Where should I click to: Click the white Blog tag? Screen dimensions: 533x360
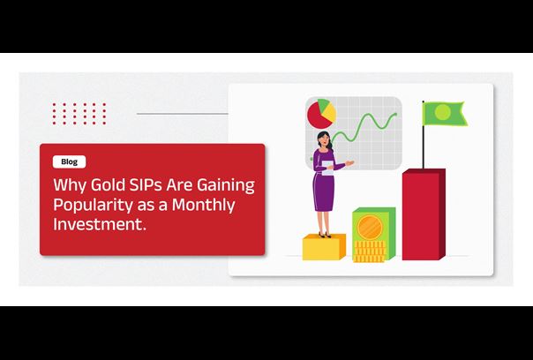[x=70, y=161]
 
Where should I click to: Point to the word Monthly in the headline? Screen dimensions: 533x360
[x=203, y=206]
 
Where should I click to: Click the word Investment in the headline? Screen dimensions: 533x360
[x=100, y=224]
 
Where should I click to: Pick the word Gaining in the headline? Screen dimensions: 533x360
[x=226, y=186]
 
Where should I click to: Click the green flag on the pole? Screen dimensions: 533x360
[x=445, y=114]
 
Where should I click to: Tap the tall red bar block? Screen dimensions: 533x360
[x=424, y=214]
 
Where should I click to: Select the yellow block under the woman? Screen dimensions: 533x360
[x=324, y=247]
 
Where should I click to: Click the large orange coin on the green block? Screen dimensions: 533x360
[x=370, y=228]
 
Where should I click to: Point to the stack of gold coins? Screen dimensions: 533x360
[x=370, y=251]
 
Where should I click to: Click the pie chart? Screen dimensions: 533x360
[x=321, y=114]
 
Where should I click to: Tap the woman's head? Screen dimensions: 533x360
[x=323, y=139]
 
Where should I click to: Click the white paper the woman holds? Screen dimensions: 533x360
[x=328, y=169]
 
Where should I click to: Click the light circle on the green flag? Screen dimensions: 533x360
[x=443, y=112]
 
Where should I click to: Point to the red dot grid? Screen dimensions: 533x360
[x=79, y=114]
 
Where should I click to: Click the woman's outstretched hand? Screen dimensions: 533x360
[x=349, y=163]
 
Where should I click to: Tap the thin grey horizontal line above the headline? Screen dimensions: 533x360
[x=183, y=114]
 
